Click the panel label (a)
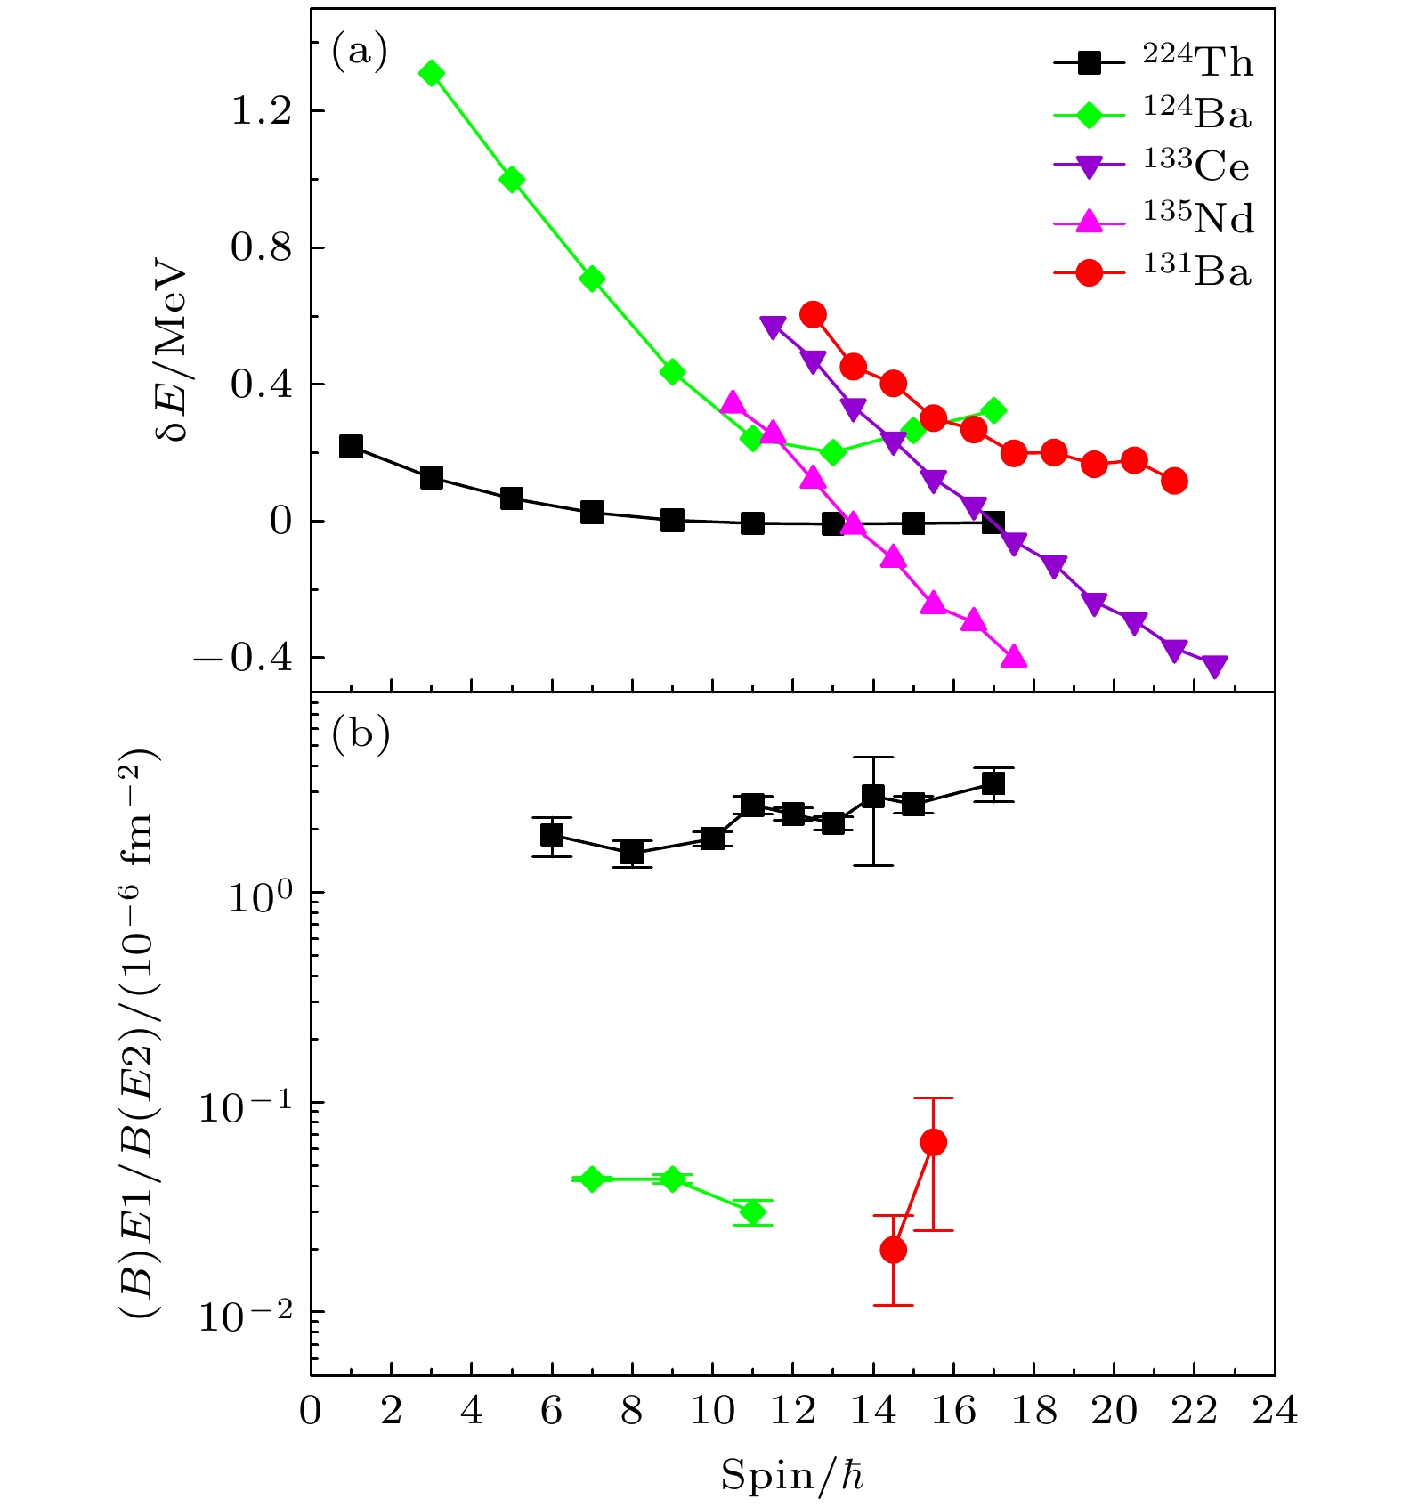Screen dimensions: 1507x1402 click(x=360, y=52)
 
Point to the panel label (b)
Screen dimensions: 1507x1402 click(x=361, y=735)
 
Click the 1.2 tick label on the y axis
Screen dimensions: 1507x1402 click(x=261, y=111)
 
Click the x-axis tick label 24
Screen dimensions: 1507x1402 click(x=1275, y=1412)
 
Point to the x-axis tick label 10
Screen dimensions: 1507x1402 click(x=712, y=1412)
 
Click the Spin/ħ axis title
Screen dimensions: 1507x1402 click(x=792, y=1474)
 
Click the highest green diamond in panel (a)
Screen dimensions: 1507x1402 click(x=432, y=73)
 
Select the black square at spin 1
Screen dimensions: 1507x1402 click(x=351, y=446)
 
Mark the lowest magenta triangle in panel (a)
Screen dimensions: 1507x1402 click(x=1014, y=658)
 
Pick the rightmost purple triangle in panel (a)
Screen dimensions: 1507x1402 click(x=1214, y=666)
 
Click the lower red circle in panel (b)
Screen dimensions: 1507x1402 click(x=893, y=1250)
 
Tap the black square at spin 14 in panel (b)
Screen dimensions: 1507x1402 click(x=873, y=796)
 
